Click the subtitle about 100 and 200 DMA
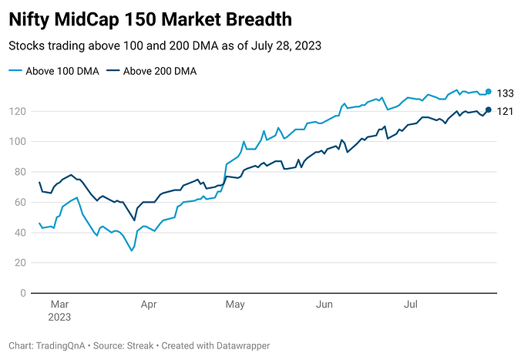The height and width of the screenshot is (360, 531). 164,45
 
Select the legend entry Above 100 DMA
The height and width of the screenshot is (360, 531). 54,72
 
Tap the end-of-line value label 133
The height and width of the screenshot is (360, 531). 505,93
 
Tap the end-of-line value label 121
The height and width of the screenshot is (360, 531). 505,111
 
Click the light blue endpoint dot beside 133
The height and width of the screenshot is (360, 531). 489,92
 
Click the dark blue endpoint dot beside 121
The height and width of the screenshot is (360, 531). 489,110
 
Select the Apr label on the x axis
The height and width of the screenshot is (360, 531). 149,304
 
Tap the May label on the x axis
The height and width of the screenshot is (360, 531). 235,304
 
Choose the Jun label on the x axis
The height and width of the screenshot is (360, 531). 324,304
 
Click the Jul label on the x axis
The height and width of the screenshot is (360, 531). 411,304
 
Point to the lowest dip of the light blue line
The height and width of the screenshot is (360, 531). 131,251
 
